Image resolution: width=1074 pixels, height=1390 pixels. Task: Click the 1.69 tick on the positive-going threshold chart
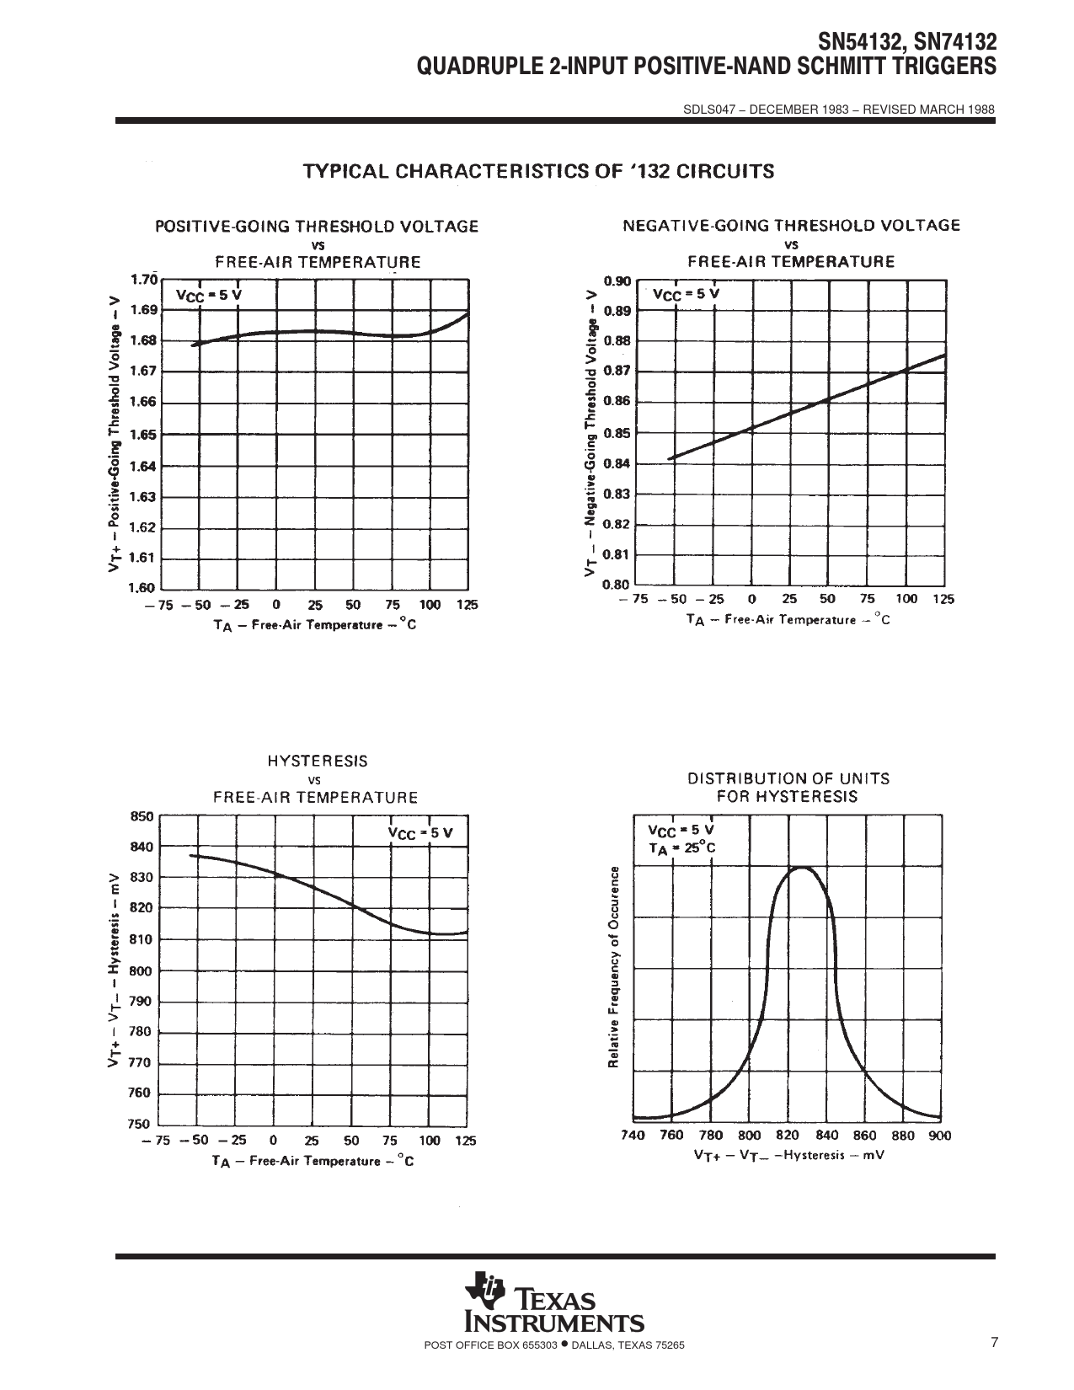point(144,310)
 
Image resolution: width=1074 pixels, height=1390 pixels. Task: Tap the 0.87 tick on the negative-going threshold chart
point(618,371)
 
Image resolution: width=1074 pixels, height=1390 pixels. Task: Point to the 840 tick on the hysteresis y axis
point(142,847)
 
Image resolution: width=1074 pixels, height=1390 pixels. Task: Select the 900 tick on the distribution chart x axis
point(939,1136)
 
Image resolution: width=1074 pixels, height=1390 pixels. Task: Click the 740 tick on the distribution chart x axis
point(633,1136)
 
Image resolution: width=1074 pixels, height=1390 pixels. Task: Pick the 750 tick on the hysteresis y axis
point(140,1124)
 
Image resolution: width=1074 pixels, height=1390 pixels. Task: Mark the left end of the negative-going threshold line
point(669,458)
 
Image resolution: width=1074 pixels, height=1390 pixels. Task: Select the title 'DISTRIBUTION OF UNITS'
point(788,778)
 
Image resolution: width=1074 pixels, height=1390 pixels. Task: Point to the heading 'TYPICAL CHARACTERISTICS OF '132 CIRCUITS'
point(538,172)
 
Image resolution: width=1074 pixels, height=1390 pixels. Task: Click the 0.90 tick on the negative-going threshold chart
point(618,281)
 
